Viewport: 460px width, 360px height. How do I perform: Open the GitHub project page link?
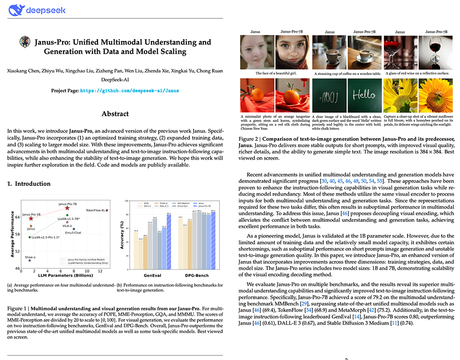pos(130,91)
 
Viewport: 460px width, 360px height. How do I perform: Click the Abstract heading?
pos(115,114)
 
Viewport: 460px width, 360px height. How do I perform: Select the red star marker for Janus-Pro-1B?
pos(31,219)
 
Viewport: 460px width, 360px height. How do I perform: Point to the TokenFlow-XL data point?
pos(107,210)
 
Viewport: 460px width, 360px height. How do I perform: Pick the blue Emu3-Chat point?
pos(74,229)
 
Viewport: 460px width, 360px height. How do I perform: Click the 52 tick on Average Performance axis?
pos(18,251)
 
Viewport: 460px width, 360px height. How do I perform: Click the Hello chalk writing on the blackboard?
pos(364,96)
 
